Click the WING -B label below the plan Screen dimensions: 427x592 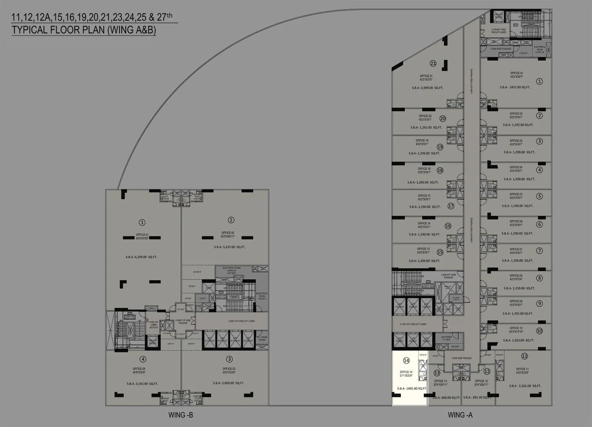181,415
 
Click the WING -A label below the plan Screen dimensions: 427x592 460,415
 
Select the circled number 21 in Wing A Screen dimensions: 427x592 433,63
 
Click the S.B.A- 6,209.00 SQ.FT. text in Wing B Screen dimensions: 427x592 141,257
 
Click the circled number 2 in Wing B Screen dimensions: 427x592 231,220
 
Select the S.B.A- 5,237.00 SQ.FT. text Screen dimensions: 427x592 229,247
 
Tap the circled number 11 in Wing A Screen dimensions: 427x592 524,356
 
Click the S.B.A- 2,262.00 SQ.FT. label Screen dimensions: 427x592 525,386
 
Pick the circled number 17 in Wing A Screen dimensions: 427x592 451,206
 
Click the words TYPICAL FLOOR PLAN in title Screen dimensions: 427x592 58,30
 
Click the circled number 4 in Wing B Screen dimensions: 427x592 143,359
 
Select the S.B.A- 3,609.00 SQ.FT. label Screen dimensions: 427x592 229,383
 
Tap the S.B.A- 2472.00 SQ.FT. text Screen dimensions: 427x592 515,87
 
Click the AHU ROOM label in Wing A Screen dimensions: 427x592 447,337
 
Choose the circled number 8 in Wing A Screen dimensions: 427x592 539,278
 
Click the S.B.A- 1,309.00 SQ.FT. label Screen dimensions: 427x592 424,261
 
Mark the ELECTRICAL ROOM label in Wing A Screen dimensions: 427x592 539,48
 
